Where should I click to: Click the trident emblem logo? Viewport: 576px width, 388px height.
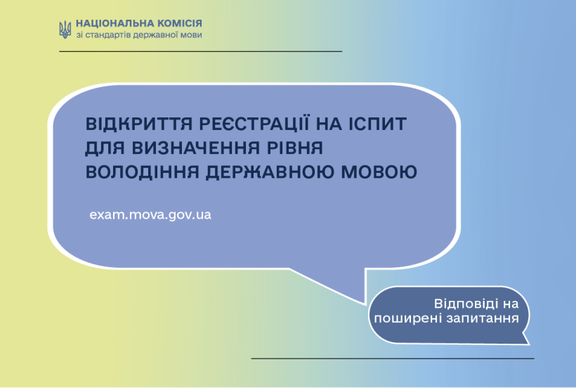pyautogui.click(x=65, y=30)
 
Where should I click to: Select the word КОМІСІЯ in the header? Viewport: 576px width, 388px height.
pyautogui.click(x=180, y=23)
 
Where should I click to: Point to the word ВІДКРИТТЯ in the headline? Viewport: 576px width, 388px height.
pyautogui.click(x=139, y=124)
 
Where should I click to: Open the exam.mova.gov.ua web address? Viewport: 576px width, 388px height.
pyautogui.click(x=150, y=214)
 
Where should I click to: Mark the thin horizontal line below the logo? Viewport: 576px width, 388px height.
pyautogui.click(x=201, y=51)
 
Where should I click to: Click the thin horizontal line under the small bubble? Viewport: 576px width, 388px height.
pyautogui.click(x=393, y=358)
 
